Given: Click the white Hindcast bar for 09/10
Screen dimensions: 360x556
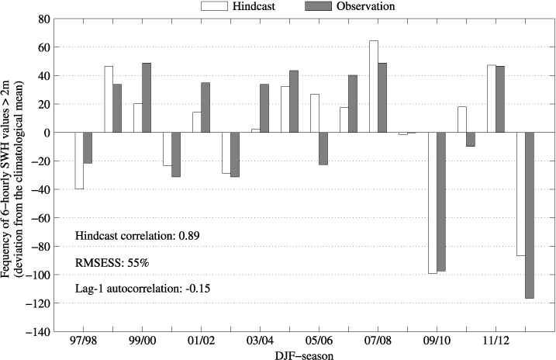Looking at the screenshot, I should pos(433,202).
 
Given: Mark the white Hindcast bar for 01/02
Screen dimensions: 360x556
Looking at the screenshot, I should pos(197,123).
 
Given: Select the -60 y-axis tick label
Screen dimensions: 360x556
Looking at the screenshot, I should pos(40,218).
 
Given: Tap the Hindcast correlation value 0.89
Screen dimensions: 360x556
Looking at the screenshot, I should pos(191,235).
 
